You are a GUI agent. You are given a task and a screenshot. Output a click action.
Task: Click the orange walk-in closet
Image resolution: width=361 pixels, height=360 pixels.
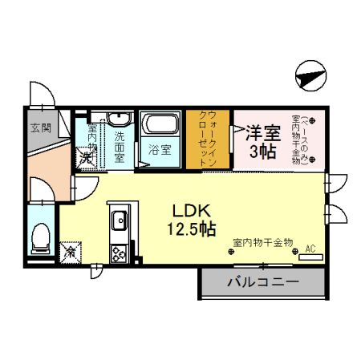pos(208,139)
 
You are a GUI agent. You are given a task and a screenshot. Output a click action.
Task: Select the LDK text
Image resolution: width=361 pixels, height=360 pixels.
pos(192,210)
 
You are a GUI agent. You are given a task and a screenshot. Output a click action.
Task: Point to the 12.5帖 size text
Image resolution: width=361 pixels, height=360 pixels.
pos(192,229)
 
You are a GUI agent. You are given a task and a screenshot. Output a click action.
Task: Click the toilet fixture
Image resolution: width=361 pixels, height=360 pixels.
pos(40,237)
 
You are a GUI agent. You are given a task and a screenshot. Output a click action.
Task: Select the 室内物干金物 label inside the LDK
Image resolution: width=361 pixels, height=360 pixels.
pos(263,241)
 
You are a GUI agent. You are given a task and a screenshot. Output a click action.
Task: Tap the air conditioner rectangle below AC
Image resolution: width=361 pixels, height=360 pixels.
pos(311,257)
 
